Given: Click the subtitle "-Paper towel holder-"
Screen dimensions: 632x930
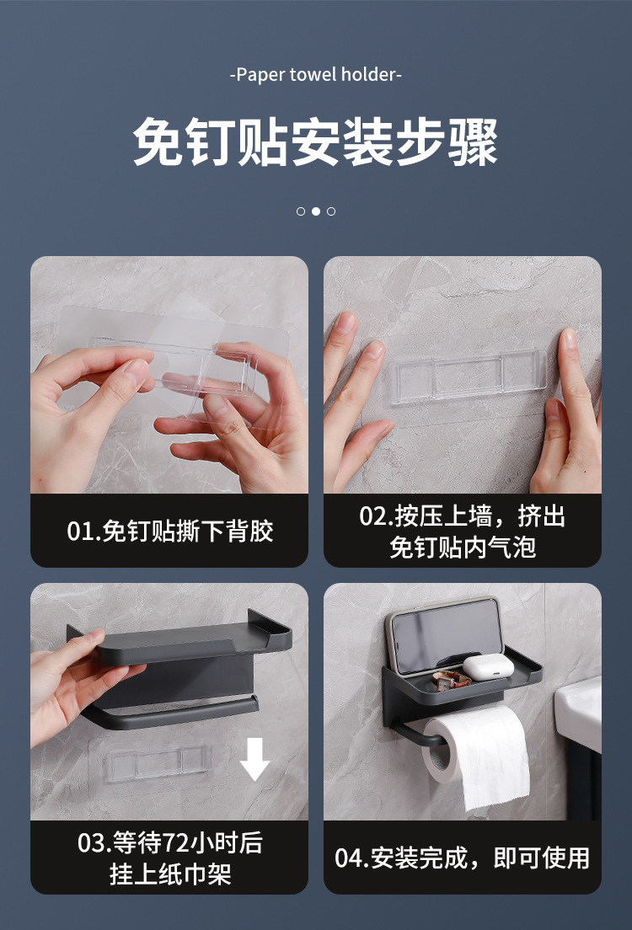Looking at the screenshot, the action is click(x=316, y=75).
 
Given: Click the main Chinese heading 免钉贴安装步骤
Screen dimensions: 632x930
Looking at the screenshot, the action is click(x=315, y=142).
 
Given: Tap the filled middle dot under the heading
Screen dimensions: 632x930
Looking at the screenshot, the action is click(x=316, y=211).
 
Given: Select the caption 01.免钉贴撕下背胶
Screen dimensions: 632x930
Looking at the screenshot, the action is click(x=169, y=531).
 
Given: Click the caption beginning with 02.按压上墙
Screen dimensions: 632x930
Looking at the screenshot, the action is click(x=463, y=532).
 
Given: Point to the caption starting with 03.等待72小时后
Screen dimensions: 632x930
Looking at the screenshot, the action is click(x=169, y=858).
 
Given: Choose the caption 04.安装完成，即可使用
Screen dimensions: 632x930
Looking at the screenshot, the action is click(x=463, y=858).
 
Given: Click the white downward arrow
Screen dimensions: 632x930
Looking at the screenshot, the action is click(x=254, y=759).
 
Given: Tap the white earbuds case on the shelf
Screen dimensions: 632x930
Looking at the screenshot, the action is click(x=488, y=668).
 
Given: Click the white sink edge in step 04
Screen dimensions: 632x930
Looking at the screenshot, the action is click(x=578, y=712).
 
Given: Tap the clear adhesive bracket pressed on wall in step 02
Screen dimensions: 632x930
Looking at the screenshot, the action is click(x=469, y=377).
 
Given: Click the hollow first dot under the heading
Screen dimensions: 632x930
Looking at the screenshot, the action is click(x=301, y=211).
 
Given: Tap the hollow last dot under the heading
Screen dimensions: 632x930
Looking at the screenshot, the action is click(x=331, y=211).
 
